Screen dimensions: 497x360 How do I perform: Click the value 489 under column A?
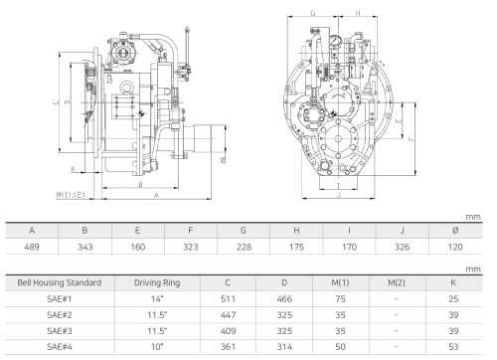click(x=32, y=247)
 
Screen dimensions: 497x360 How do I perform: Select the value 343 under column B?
click(x=84, y=247)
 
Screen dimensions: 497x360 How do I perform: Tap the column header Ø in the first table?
click(x=455, y=231)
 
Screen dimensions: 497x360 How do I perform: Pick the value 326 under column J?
click(x=402, y=247)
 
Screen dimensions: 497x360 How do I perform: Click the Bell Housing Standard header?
click(x=60, y=282)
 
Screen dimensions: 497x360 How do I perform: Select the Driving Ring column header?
click(x=157, y=282)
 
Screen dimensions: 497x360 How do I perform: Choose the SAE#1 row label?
click(x=60, y=299)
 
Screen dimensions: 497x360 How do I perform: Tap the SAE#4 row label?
click(x=60, y=347)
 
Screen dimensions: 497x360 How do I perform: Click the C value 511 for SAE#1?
click(x=228, y=299)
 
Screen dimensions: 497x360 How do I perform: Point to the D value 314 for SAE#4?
click(x=284, y=347)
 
